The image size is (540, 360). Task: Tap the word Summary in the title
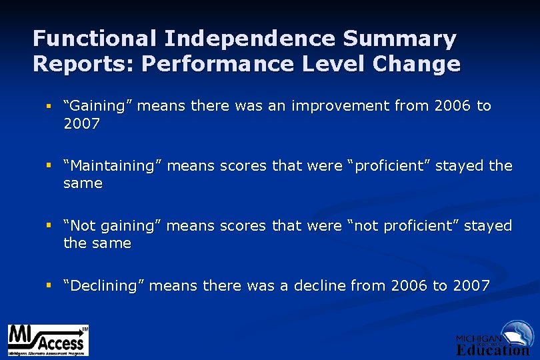click(x=400, y=39)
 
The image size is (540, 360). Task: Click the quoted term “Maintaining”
click(x=112, y=165)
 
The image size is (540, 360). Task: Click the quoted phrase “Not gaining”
click(x=112, y=226)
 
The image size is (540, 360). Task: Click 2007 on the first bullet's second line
click(x=81, y=123)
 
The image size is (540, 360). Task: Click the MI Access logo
click(x=47, y=340)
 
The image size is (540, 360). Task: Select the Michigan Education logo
click(x=493, y=339)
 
